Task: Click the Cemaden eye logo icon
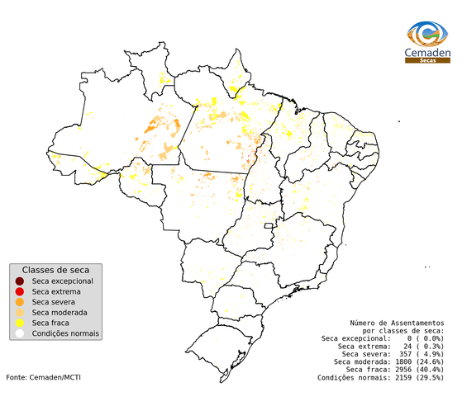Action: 428,34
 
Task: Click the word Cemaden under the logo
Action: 428,54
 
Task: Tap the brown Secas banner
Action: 428,61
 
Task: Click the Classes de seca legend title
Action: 55,271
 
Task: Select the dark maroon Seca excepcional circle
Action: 19,281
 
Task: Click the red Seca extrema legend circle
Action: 19,291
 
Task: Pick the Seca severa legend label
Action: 55,303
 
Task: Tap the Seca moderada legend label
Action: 60,313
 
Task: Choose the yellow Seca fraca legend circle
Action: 19,323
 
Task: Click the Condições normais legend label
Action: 65,334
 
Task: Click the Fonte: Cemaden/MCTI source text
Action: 43,377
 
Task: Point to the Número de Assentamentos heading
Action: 397,323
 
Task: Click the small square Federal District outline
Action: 269,225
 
